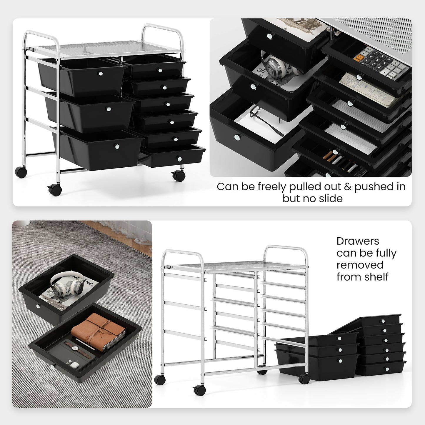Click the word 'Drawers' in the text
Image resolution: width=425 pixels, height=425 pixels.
[358, 241]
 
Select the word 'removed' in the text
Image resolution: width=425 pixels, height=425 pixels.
[360, 265]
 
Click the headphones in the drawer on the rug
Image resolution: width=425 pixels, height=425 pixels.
[66, 283]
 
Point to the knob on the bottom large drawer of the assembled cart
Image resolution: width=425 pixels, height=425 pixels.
[117, 146]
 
